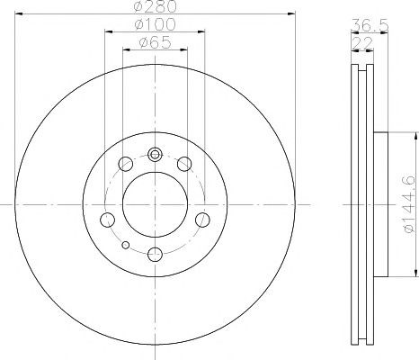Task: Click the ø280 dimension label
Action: (156, 6)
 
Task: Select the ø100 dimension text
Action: (155, 24)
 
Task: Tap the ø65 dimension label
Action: (155, 42)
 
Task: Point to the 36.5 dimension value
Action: (370, 24)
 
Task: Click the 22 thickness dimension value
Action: (362, 43)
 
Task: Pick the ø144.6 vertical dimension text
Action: (410, 204)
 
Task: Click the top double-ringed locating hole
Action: (155, 155)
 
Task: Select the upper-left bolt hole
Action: (126, 164)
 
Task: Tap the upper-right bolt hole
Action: (184, 164)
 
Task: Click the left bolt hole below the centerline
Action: (107, 220)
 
